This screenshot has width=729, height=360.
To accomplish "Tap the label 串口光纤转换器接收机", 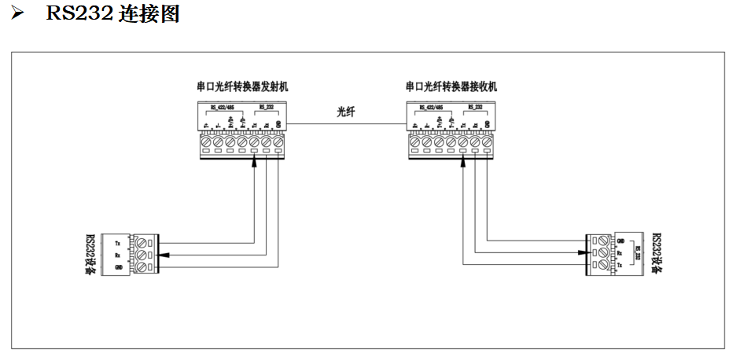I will point(451,86).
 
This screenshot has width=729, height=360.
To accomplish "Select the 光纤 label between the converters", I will point(346,112).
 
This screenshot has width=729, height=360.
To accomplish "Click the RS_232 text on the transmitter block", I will point(267,108).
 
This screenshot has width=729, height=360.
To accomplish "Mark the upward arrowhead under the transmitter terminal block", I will point(255,163).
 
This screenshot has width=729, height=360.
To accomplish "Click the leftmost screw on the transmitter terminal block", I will point(206,144).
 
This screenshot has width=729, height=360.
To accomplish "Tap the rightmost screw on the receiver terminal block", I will point(488,144).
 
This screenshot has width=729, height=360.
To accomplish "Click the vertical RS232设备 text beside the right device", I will point(657,253).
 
